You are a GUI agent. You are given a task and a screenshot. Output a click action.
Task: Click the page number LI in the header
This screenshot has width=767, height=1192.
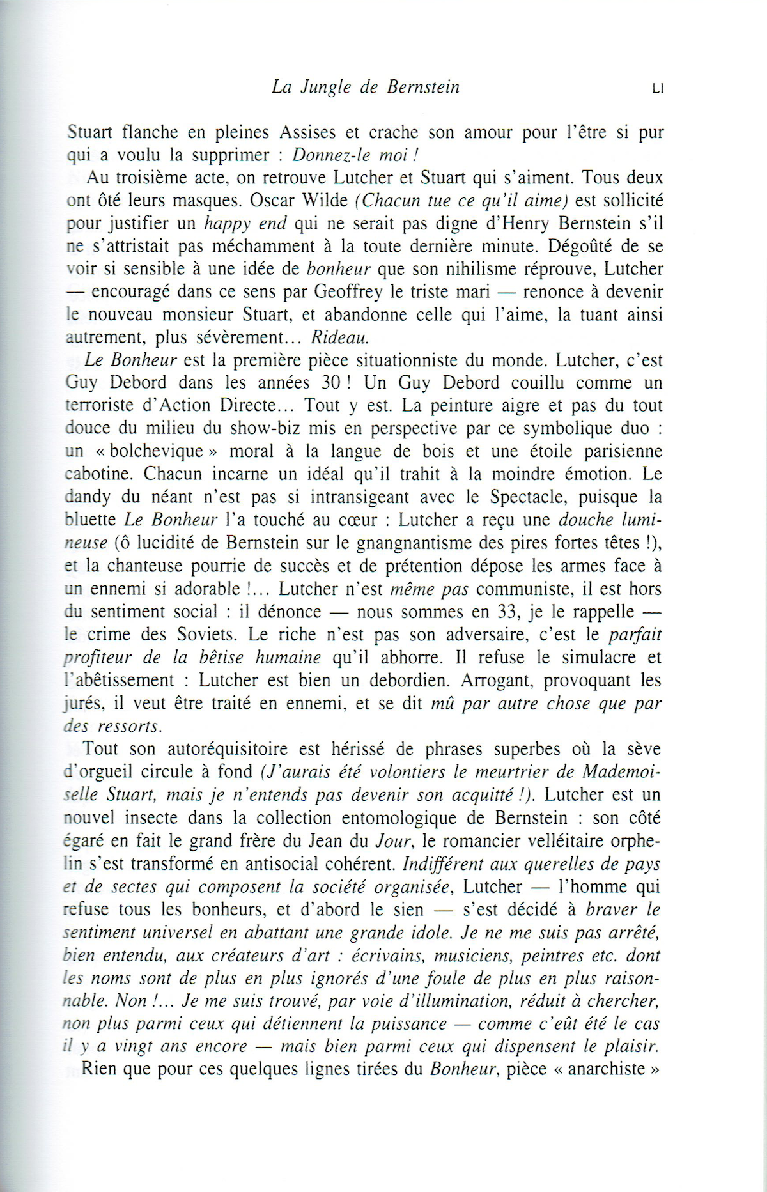pyautogui.click(x=658, y=89)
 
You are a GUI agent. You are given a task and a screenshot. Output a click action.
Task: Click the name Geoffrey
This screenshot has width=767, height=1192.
pyautogui.click(x=348, y=292)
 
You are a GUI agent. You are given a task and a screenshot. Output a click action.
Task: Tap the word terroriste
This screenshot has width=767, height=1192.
pyautogui.click(x=106, y=406)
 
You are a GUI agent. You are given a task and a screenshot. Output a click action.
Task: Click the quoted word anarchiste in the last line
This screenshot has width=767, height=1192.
pyautogui.click(x=607, y=1069)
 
